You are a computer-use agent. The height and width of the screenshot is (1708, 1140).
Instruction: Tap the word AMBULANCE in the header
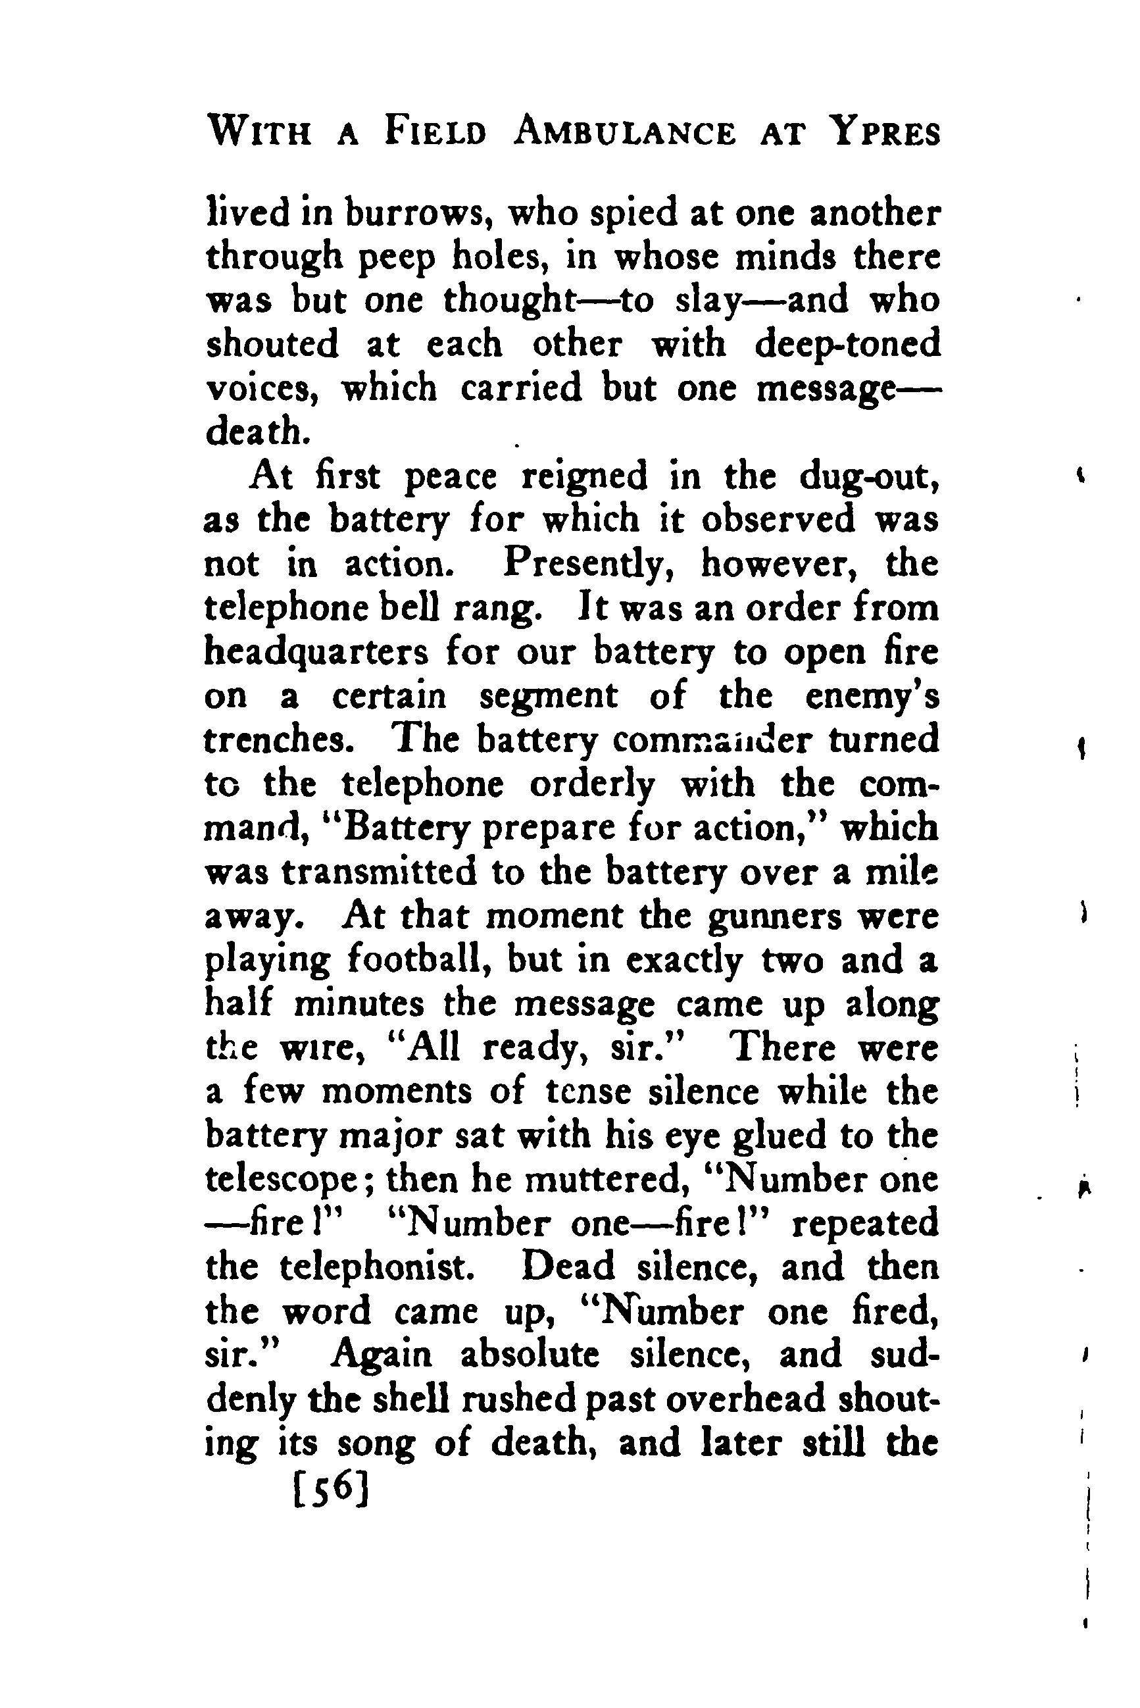[x=624, y=133]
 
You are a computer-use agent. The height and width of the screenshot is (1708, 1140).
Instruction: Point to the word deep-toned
[x=847, y=345]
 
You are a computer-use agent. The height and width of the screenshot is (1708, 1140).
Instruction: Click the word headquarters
[x=316, y=652]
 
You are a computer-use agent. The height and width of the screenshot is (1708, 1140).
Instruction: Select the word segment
[x=548, y=697]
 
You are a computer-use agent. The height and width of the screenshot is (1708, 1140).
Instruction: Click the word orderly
[x=592, y=784]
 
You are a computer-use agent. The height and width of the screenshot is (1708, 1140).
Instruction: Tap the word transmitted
[x=379, y=872]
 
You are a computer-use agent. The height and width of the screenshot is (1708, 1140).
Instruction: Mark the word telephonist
[x=378, y=1268]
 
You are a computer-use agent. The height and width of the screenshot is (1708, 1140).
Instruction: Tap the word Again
[x=382, y=1355]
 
